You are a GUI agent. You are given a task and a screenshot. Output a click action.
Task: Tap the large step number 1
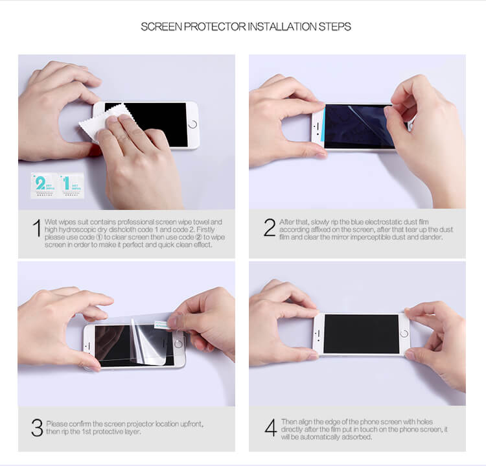click(37, 229)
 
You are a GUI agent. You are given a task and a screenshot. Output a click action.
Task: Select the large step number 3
click(37, 428)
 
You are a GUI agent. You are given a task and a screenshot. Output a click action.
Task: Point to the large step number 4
click(270, 426)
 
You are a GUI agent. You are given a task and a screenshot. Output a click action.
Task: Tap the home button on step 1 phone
click(191, 123)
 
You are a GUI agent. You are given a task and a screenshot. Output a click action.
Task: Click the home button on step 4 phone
click(405, 333)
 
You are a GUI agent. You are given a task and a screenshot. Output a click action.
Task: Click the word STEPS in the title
click(334, 27)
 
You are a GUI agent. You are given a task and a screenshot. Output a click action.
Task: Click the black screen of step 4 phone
click(360, 333)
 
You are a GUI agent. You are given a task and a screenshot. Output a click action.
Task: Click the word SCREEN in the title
click(159, 27)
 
